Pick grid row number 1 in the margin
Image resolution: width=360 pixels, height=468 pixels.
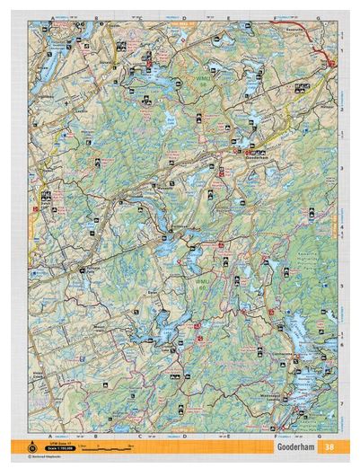(343, 51)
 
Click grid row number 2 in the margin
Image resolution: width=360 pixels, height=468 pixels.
(343, 109)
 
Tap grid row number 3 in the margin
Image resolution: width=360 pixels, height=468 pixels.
(343, 168)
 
